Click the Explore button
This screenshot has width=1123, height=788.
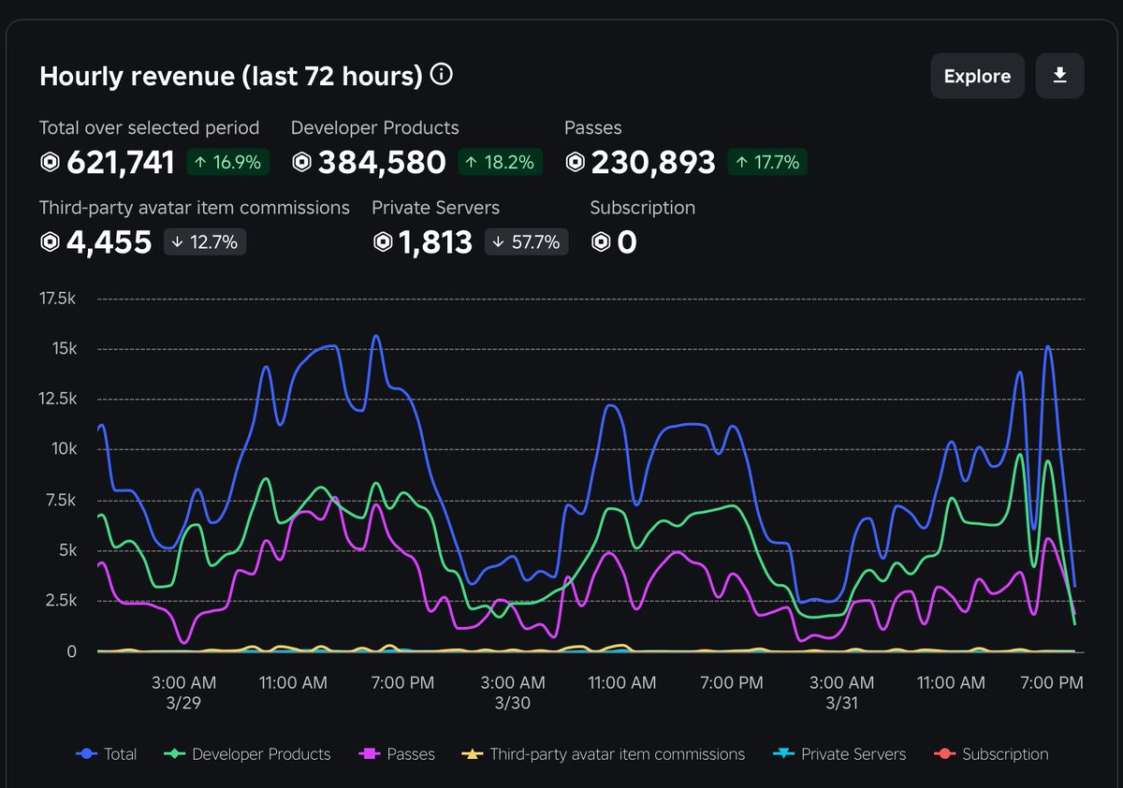tap(977, 77)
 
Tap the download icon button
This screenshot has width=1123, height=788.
tap(1059, 76)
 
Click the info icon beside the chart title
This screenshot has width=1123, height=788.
tap(442, 75)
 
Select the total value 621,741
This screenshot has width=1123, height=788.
tap(120, 163)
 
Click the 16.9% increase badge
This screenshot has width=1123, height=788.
tap(228, 163)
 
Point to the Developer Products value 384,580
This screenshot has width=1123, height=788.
tap(382, 163)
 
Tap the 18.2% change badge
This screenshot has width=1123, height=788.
tap(500, 163)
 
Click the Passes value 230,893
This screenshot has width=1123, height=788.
tap(651, 163)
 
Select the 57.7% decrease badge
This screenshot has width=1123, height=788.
tap(527, 242)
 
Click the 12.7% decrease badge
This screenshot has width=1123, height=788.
tap(205, 242)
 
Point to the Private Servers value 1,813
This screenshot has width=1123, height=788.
tap(435, 242)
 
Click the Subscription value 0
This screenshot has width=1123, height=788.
tap(626, 242)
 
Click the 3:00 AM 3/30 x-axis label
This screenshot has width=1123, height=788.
tap(512, 693)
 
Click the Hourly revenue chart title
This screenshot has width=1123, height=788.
tap(230, 76)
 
